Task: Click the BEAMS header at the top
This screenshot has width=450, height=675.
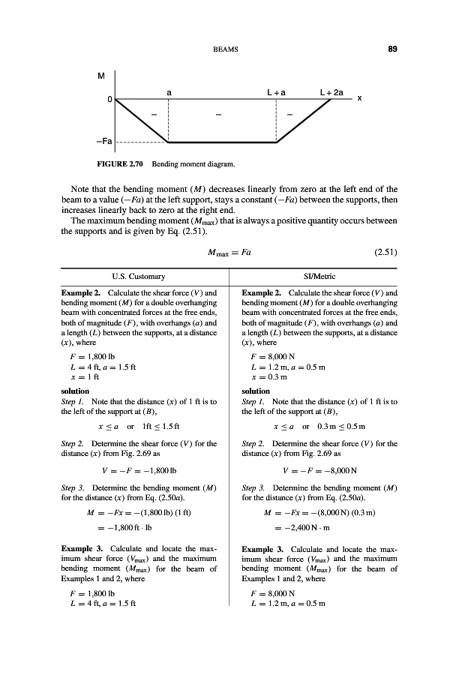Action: (x=225, y=50)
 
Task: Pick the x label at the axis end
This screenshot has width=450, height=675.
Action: (x=360, y=98)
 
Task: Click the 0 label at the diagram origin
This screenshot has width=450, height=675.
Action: (x=109, y=99)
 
